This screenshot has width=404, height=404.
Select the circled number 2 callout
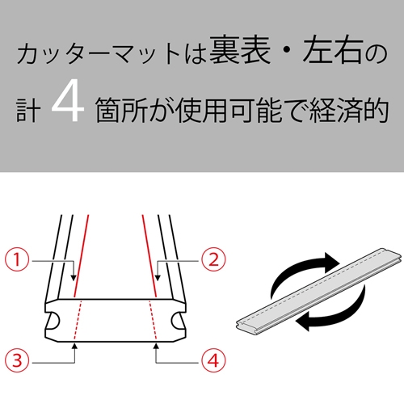pos(212,259)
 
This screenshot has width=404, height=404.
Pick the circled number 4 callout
pos(212,357)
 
